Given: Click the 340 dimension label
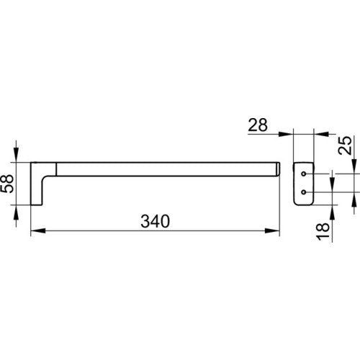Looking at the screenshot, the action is point(156,221).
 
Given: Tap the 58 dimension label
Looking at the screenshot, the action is point(7,184).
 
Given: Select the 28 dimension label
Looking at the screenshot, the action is point(258,125).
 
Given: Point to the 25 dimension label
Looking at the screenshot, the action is point(345,145).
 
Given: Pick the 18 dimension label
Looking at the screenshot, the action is point(323,232).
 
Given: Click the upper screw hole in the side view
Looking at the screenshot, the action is point(304,174).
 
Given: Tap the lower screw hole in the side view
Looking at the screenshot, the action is point(304,192).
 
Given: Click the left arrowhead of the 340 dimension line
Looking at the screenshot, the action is point(38,230).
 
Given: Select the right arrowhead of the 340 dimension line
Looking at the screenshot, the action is point(272,230).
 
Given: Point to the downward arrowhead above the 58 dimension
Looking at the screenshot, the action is point(16,155).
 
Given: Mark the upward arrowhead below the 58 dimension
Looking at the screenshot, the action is point(16,212).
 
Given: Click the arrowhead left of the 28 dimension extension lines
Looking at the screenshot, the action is point(286,134).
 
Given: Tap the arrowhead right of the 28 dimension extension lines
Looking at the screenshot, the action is point(321,134).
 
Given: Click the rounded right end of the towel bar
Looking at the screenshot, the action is point(278,169).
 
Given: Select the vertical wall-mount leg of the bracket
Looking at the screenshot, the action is point(37,184).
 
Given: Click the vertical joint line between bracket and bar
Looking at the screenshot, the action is point(56,169).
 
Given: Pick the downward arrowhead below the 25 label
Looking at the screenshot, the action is point(354,166).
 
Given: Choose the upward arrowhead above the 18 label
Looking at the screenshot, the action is point(332,212).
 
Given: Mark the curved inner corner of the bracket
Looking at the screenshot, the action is point(45,179).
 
